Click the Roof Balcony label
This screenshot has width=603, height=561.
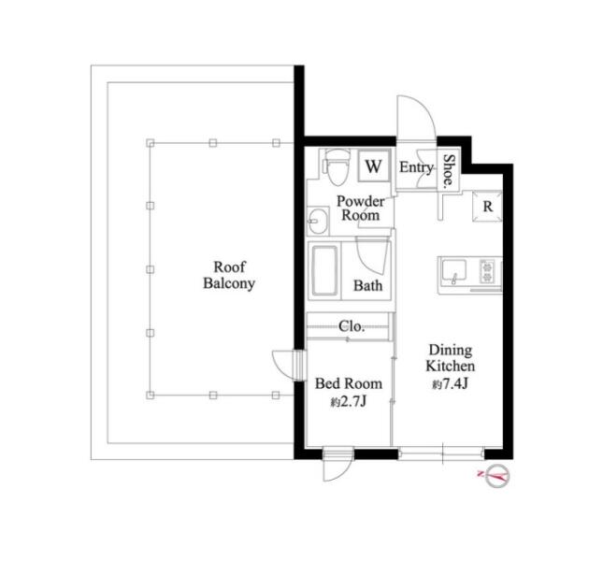pyautogui.click(x=229, y=275)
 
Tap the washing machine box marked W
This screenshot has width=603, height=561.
pyautogui.click(x=373, y=165)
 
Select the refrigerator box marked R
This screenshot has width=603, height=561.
pyautogui.click(x=487, y=206)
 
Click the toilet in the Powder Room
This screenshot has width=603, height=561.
pyautogui.click(x=337, y=168)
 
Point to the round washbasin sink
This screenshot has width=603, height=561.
pyautogui.click(x=318, y=221)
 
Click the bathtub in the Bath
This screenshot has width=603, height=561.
pyautogui.click(x=324, y=271)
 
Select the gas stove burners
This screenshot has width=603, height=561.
pyautogui.click(x=487, y=271)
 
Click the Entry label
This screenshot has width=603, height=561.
pyautogui.click(x=416, y=167)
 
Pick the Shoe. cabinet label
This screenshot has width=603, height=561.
pyautogui.click(x=449, y=171)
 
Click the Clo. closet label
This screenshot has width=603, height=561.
pyautogui.click(x=352, y=326)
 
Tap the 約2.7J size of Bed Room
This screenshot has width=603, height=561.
pyautogui.click(x=348, y=402)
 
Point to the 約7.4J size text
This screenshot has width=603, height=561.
pyautogui.click(x=450, y=384)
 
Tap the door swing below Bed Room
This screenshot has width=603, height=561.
pyautogui.click(x=345, y=472)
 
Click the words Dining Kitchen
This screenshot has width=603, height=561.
pyautogui.click(x=451, y=357)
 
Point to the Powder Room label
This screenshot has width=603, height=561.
pyautogui.click(x=360, y=209)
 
